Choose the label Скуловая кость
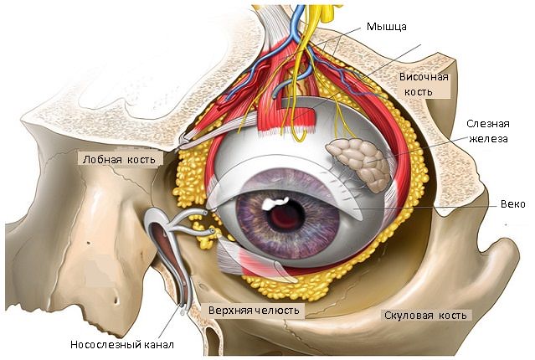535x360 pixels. click(426, 316)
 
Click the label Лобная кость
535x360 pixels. click(116, 157)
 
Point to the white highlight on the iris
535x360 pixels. click(275, 203)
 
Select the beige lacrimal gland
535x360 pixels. click(358, 162)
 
